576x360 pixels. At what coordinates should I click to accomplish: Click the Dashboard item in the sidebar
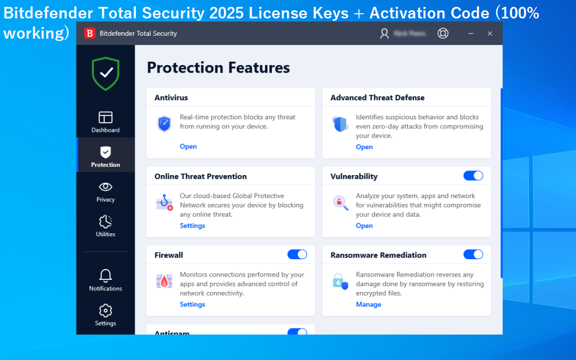click(x=105, y=122)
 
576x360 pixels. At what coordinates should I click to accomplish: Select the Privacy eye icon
click(x=105, y=187)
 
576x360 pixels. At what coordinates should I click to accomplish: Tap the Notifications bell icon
click(x=105, y=275)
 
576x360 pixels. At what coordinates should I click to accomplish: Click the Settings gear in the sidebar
click(x=105, y=311)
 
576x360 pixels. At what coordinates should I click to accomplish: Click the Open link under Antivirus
click(x=188, y=146)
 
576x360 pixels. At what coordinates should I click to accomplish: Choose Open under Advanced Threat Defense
click(x=364, y=147)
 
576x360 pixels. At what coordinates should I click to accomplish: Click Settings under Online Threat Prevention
click(x=192, y=226)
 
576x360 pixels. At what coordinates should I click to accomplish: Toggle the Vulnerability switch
click(x=473, y=176)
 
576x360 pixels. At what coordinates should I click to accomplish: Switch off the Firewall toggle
click(x=297, y=255)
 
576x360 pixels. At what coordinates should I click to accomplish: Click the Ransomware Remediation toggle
click(x=473, y=255)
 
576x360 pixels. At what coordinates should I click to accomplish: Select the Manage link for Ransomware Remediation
click(x=368, y=305)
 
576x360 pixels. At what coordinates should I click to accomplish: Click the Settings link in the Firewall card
click(x=192, y=305)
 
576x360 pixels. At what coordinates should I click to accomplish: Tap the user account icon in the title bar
click(x=385, y=33)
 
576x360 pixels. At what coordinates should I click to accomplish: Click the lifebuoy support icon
click(x=443, y=33)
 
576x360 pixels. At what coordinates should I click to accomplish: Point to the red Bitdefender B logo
click(x=89, y=33)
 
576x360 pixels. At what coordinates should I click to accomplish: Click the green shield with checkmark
click(x=105, y=73)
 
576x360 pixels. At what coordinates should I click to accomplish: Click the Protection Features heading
click(x=218, y=68)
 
